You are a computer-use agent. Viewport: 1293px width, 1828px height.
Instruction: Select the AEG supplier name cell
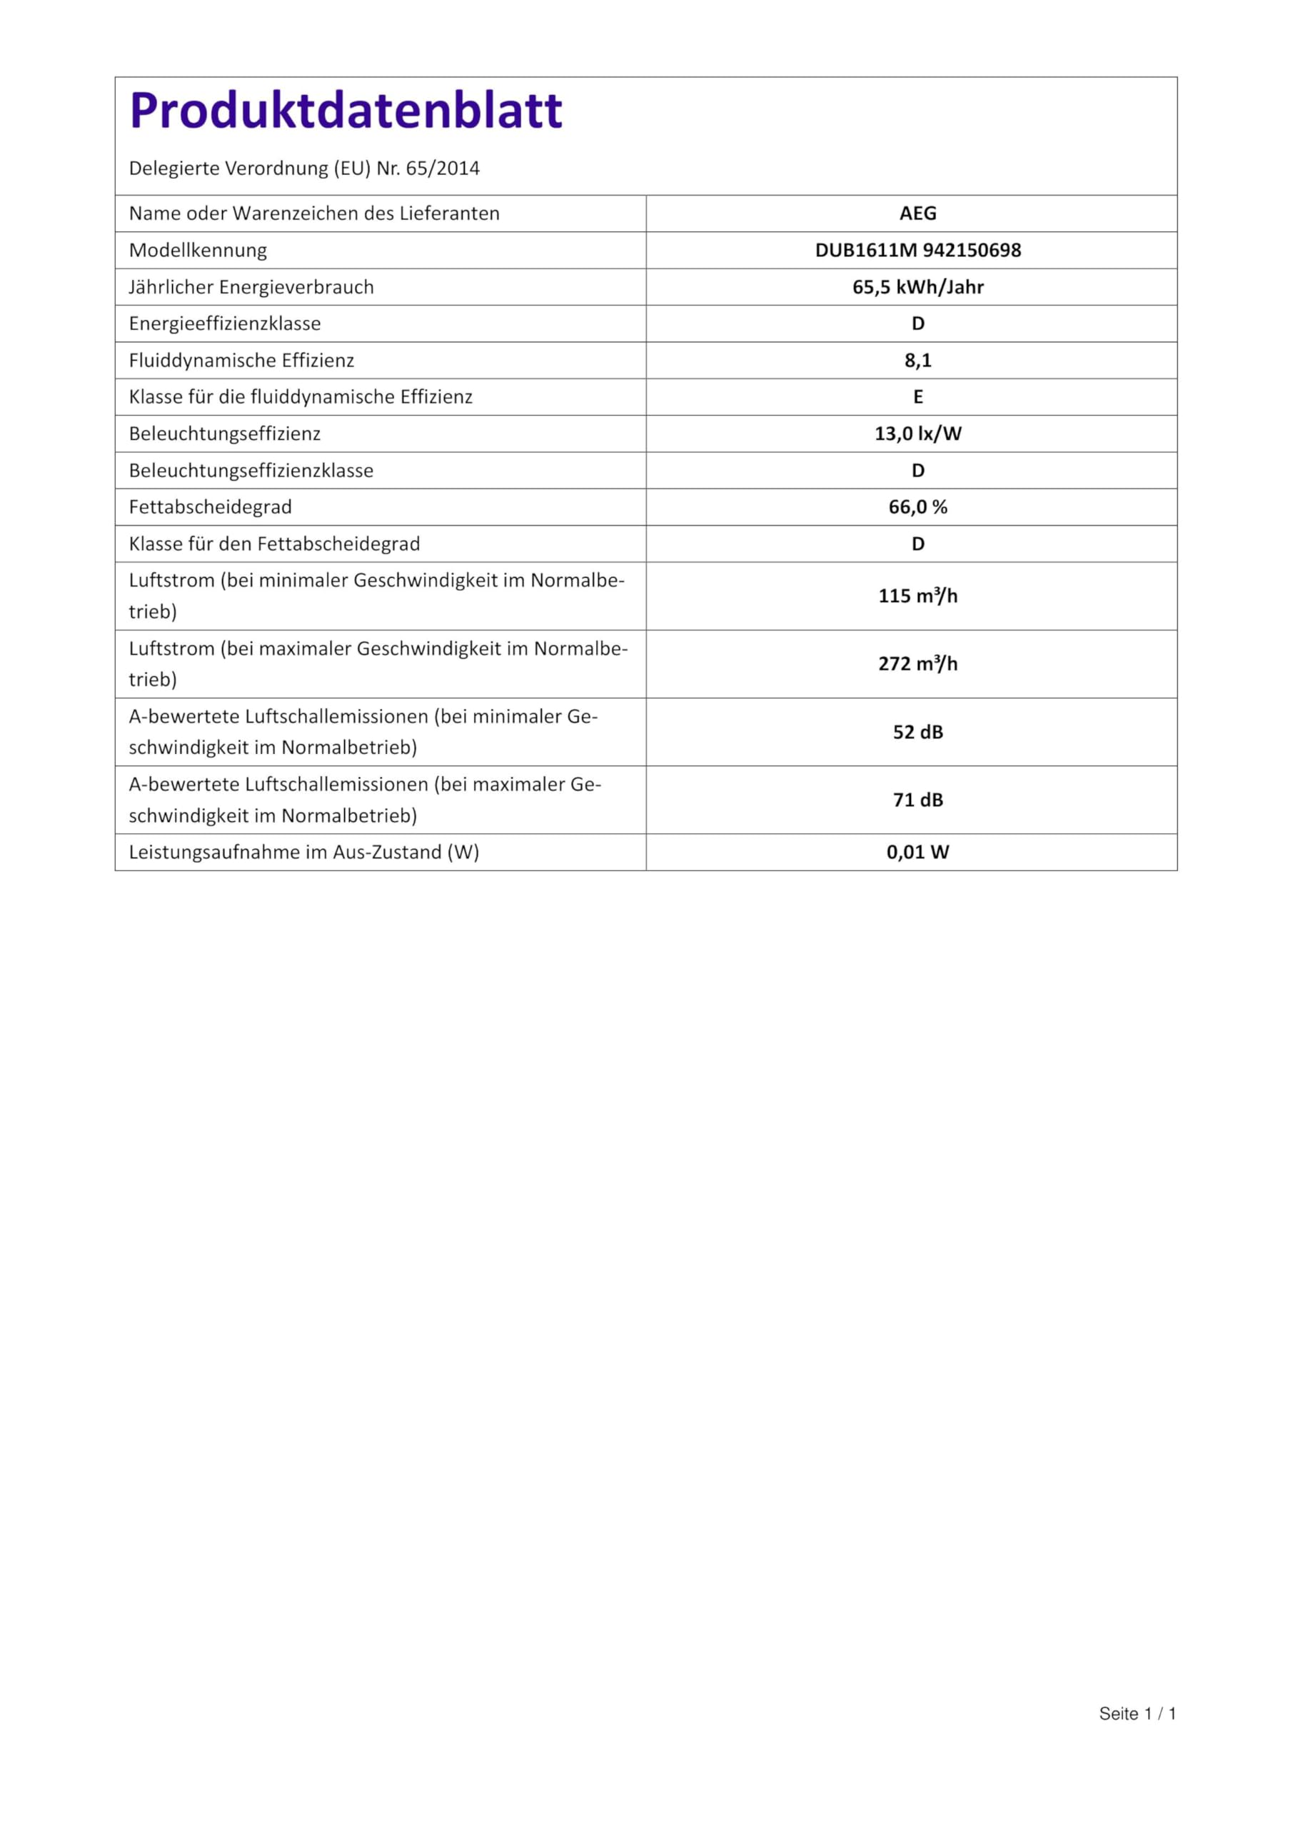[917, 214]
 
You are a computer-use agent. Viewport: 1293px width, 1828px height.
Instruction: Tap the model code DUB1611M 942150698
[917, 250]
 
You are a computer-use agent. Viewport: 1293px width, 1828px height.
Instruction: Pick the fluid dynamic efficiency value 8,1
[917, 360]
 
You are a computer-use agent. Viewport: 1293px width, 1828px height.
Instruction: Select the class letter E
[917, 396]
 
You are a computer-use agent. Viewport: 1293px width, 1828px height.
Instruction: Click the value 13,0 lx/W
[917, 433]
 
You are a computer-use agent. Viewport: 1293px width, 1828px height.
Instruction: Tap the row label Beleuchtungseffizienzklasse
[251, 471]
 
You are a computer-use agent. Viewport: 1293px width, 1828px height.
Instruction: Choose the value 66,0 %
[917, 507]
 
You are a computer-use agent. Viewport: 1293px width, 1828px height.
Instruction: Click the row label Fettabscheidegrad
[210, 507]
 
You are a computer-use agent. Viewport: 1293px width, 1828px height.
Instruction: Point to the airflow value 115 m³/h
[917, 596]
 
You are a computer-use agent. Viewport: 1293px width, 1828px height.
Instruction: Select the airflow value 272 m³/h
[917, 663]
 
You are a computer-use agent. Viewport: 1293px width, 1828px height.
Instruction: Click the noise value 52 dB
[917, 732]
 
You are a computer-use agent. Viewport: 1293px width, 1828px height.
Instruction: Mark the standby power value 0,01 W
[917, 852]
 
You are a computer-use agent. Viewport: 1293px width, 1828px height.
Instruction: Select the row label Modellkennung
[198, 250]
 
